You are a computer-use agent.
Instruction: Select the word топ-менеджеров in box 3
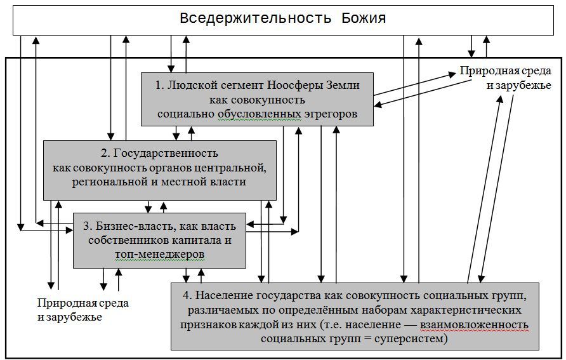click(160, 253)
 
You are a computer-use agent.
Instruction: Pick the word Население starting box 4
click(220, 297)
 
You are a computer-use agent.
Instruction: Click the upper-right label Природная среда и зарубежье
click(505, 77)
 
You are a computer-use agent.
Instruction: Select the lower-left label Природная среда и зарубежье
click(82, 310)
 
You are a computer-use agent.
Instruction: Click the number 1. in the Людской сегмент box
click(161, 85)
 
